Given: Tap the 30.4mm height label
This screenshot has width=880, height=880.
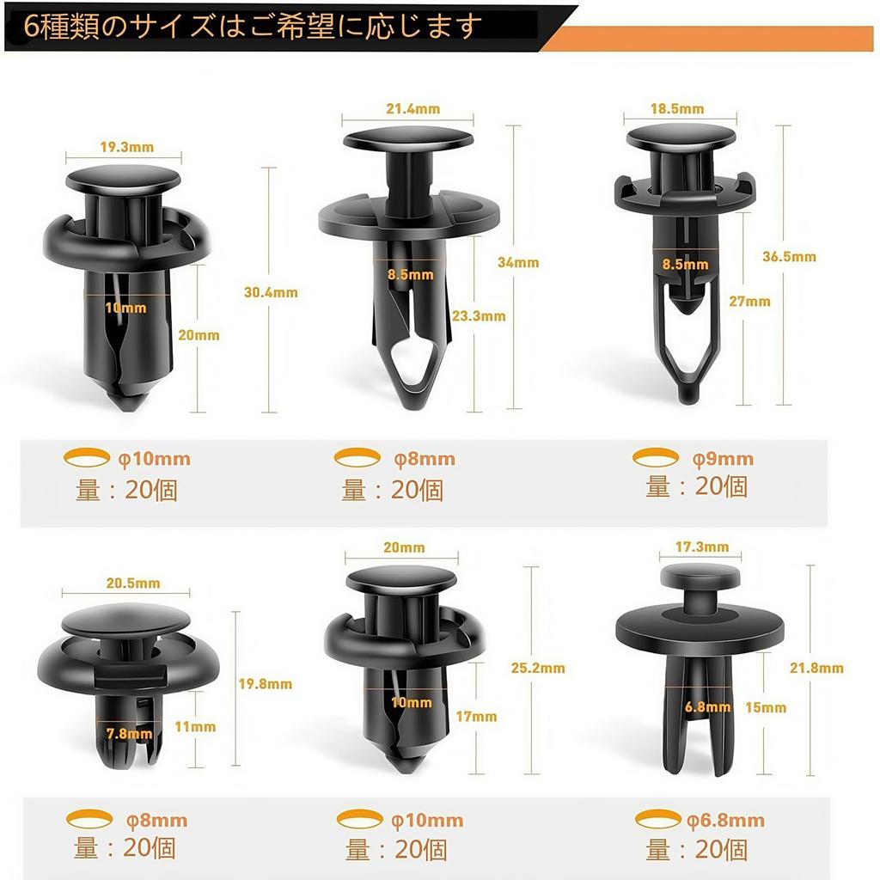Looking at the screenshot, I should (272, 292).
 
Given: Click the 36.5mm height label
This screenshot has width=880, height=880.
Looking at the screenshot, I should (790, 256).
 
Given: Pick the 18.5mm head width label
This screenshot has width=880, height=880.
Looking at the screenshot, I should (677, 108).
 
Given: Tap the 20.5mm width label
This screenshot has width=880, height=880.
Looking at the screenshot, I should (133, 583).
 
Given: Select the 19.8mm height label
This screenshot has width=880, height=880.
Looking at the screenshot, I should (266, 684).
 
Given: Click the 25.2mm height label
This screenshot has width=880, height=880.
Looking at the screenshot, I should (539, 668).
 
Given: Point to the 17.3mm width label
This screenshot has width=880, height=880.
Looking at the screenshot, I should (702, 547).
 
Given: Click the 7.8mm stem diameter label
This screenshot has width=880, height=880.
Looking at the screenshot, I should (128, 733).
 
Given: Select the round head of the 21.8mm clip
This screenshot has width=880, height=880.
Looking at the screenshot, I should (700, 577).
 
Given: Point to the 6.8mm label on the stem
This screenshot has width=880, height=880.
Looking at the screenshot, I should (708, 707).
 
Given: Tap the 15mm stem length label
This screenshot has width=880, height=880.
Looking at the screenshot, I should (766, 707).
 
